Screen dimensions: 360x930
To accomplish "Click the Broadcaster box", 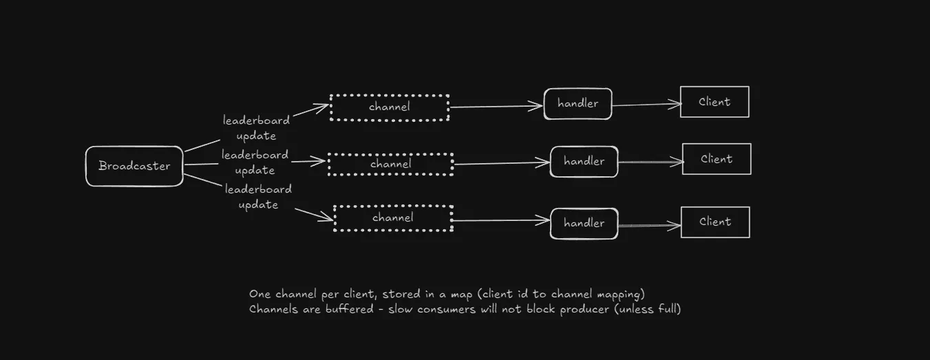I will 134,166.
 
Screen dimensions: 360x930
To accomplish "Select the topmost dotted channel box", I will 390,107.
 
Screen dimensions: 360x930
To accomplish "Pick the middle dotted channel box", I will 390,165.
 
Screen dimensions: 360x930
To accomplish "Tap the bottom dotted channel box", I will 393,218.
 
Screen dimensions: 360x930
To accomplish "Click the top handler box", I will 578,104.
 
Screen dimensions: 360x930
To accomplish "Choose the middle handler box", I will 584,162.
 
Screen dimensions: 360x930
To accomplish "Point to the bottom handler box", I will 584,224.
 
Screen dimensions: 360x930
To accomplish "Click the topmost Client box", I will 715,102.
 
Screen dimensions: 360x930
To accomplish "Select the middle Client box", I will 717,159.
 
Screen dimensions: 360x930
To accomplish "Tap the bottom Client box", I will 715,222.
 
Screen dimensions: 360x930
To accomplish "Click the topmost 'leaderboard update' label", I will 256,128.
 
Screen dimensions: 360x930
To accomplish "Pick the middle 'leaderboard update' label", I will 255,162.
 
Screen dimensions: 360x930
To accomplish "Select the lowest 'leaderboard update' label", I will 258,197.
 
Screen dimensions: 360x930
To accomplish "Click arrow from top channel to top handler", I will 496,107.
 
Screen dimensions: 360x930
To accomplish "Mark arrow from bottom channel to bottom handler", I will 501,221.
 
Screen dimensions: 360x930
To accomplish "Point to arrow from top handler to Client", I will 646,105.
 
